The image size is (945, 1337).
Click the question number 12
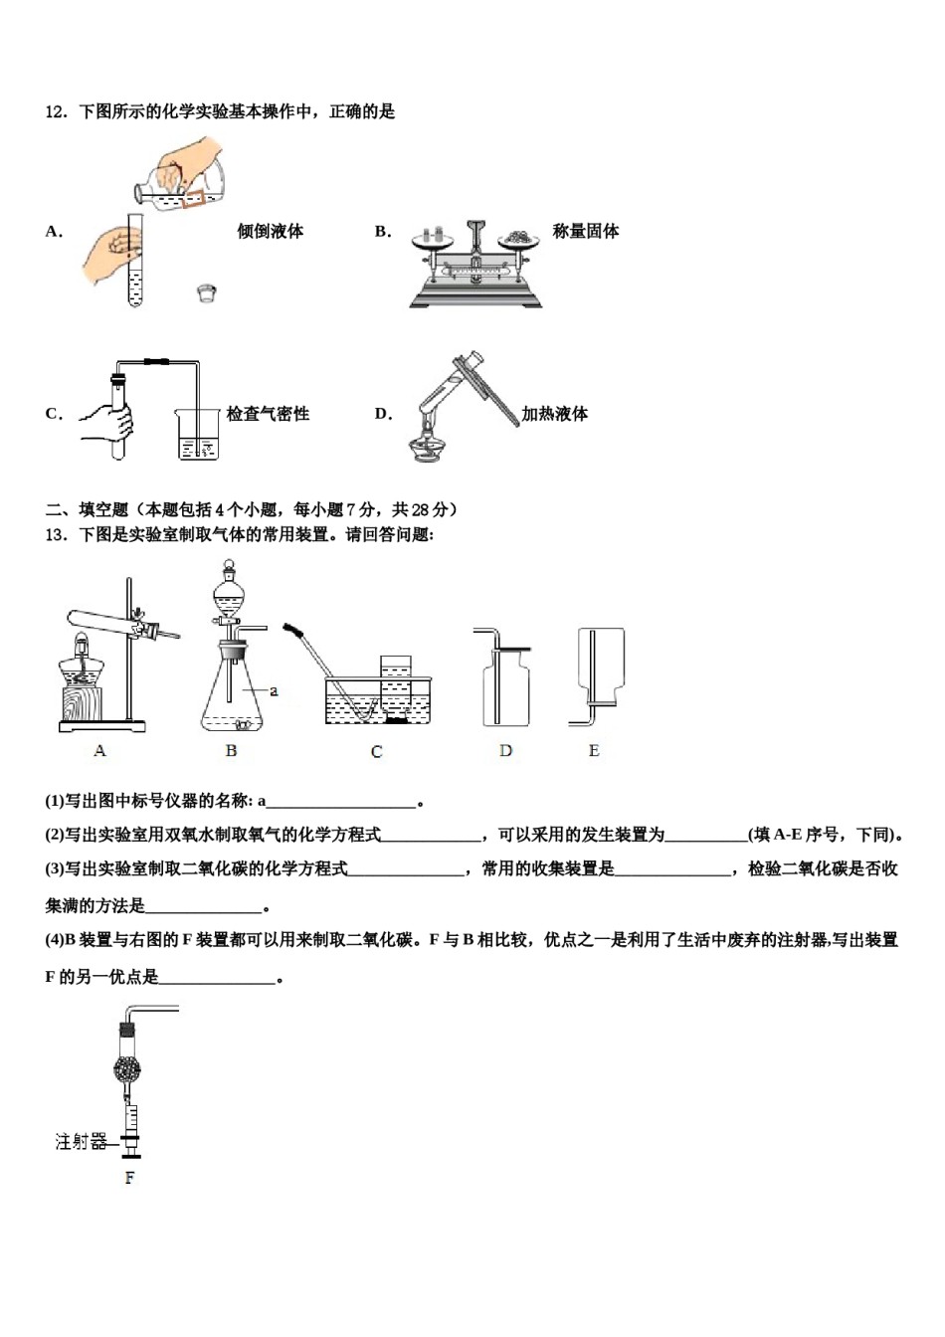tap(55, 112)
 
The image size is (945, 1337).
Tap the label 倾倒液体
tap(270, 232)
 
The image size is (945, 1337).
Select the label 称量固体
tap(586, 232)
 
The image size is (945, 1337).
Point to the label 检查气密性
tap(268, 415)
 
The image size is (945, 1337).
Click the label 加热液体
tap(555, 415)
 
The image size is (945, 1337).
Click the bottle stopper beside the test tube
tap(206, 292)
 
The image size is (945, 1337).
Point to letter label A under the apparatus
tap(99, 751)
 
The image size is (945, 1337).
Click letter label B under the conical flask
tap(231, 751)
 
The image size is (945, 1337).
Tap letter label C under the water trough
tap(376, 752)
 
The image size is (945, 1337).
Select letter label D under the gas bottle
tap(505, 751)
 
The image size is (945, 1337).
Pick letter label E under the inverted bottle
tap(594, 751)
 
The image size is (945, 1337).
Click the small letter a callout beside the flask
tap(274, 690)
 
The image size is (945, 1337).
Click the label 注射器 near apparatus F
tap(81, 1142)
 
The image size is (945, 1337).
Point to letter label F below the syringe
tap(129, 1179)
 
